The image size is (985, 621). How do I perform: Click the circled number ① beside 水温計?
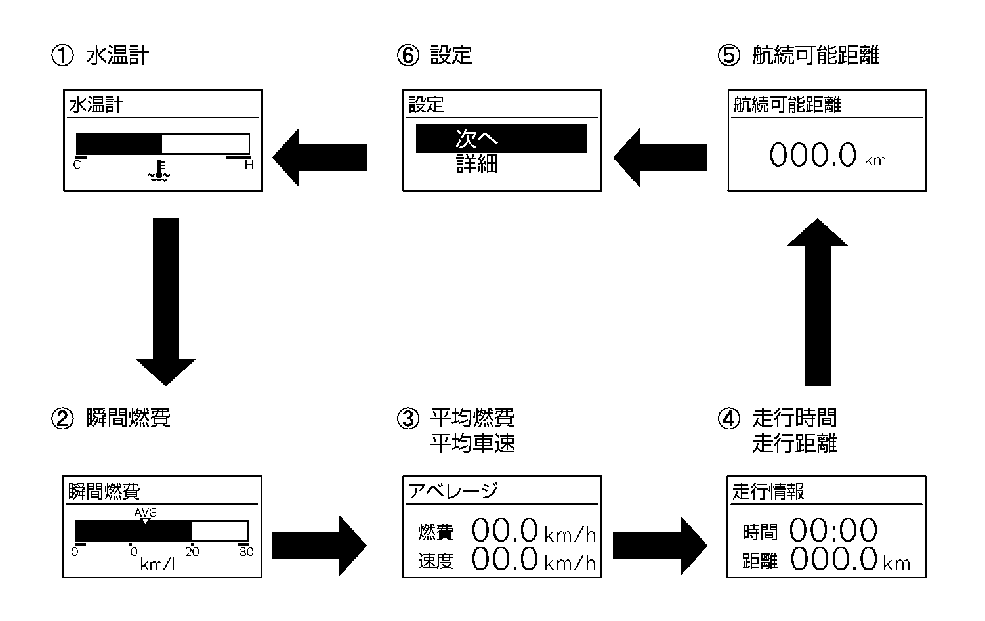62,56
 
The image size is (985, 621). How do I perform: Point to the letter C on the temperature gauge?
77,165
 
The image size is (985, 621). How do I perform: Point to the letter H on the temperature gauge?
249,165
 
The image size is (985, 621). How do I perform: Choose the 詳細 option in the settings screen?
477,164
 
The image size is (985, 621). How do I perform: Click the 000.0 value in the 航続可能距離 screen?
813,156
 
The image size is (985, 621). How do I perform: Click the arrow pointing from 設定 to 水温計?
320,157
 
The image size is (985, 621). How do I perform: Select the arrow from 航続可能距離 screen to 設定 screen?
660,157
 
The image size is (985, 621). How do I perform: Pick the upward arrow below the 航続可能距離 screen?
817,301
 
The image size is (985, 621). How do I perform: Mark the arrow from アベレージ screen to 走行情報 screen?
660,546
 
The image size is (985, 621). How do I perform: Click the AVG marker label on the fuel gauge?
145,513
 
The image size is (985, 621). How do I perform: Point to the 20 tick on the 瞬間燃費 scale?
192,552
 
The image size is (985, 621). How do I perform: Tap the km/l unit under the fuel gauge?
157,564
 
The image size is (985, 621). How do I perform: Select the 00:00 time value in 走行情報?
833,530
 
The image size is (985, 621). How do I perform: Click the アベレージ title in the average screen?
453,491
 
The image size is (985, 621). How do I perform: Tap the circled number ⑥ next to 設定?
407,56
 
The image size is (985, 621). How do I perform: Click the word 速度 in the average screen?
436,561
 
